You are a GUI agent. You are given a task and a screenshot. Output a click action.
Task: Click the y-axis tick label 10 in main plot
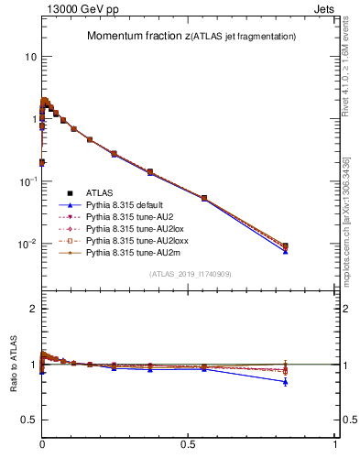29,57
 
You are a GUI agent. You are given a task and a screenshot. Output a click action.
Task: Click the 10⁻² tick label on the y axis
27,245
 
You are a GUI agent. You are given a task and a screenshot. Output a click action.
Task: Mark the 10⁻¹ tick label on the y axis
27,181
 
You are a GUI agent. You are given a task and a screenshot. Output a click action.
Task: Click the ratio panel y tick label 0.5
28,420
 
